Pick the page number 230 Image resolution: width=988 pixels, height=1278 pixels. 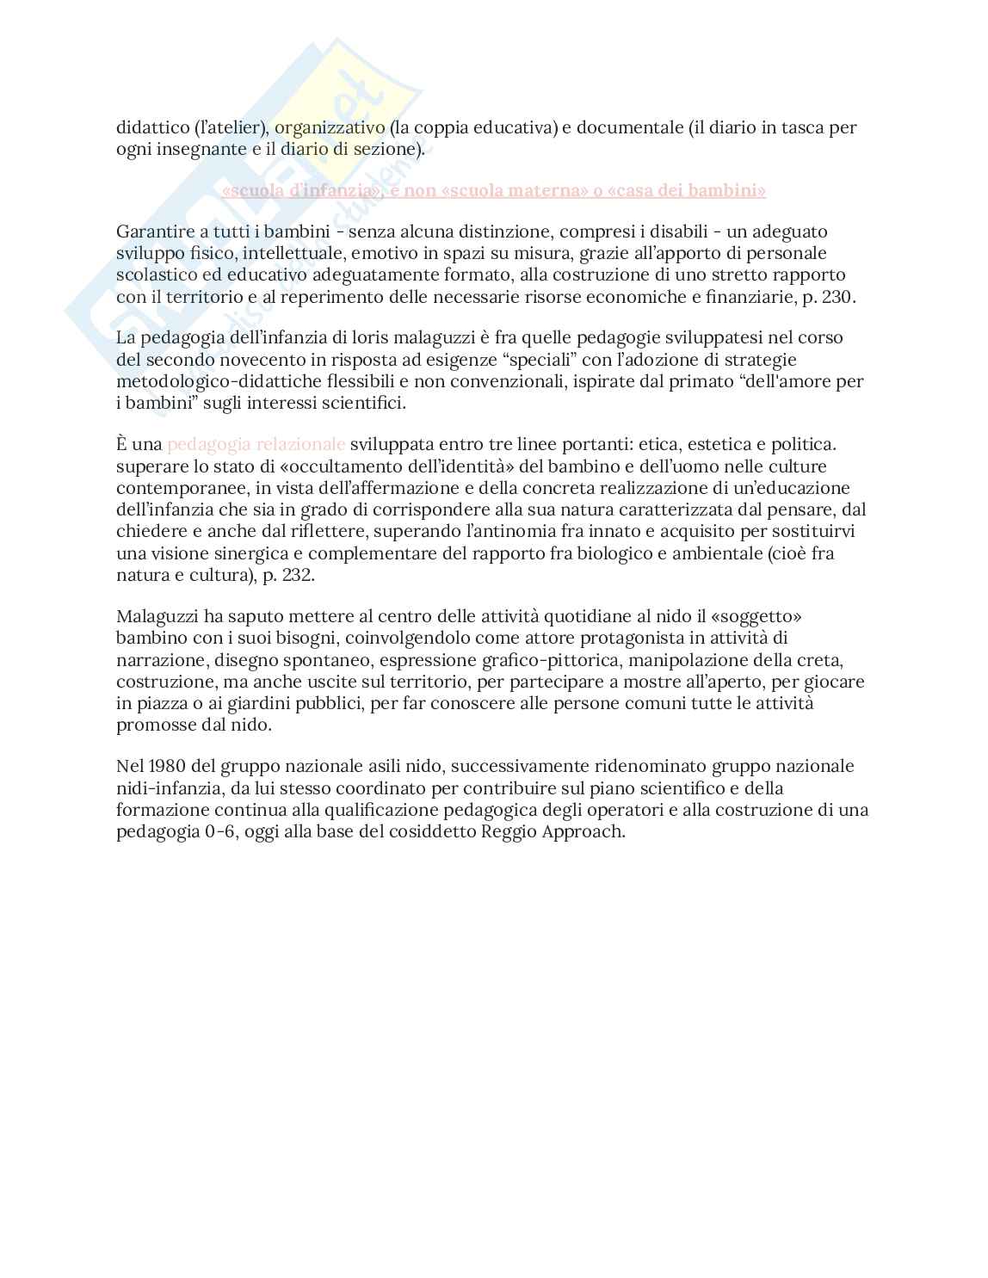pos(836,297)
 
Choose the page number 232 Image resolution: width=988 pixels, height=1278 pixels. pos(296,575)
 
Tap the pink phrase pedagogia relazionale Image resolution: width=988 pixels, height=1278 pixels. pos(256,444)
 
